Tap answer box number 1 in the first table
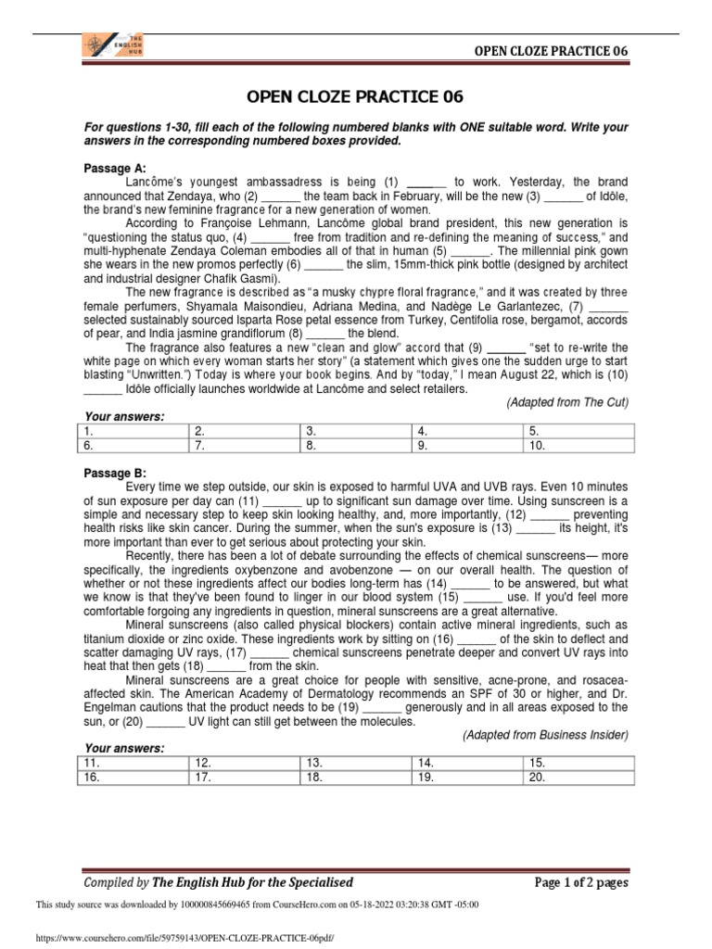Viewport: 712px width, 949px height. coord(133,431)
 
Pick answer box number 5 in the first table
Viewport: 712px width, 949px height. coord(579,431)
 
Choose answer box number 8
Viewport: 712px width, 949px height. coord(357,445)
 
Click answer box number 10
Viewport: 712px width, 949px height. coord(579,445)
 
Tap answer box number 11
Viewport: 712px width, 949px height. coord(133,762)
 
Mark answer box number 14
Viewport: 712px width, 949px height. coord(468,762)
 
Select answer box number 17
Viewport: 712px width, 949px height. coord(245,777)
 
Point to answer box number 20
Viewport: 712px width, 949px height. coord(579,777)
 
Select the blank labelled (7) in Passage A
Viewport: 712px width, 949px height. coord(608,306)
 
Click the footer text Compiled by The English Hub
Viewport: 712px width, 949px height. coord(218,882)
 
